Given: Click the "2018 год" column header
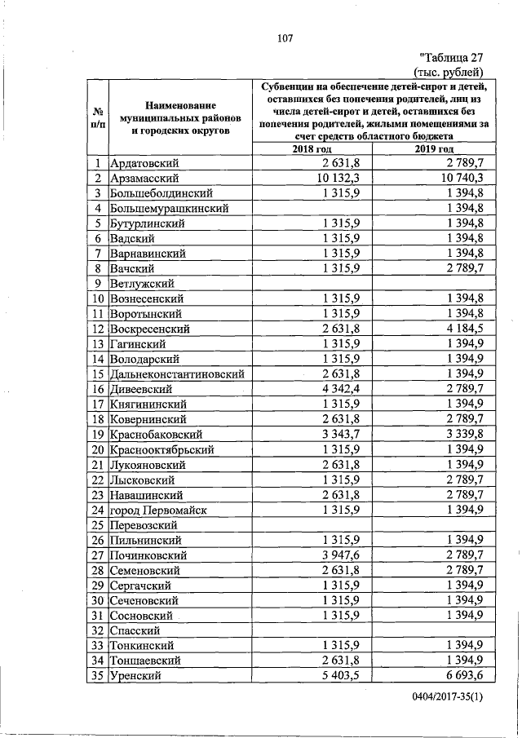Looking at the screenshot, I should pyautogui.click(x=312, y=149).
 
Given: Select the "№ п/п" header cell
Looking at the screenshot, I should pyautogui.click(x=96, y=117).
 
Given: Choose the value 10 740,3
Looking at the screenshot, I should pyautogui.click(x=462, y=179).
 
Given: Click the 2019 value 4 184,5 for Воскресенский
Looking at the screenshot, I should pyautogui.click(x=466, y=329).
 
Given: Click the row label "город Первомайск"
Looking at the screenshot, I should pyautogui.click(x=157, y=510).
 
